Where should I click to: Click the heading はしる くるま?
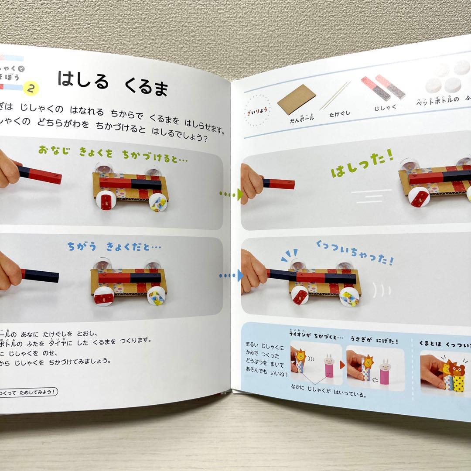(113, 83)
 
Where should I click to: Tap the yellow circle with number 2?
(31, 88)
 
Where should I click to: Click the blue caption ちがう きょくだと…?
(114, 247)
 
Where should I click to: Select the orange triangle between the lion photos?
(342, 364)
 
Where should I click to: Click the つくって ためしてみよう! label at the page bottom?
(28, 392)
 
